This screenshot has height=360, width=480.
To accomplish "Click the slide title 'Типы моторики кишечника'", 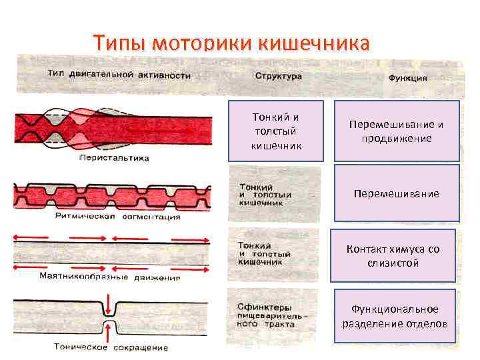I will pos(231,43).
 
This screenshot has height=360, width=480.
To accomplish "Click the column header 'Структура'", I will pos(278,76).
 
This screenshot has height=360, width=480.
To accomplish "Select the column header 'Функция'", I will pos(407,77).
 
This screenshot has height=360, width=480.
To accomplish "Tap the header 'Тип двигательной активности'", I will pos(119,75).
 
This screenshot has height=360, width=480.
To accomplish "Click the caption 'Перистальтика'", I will pos(114,158).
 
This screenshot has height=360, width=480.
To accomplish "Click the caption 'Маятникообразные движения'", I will pos(110,277).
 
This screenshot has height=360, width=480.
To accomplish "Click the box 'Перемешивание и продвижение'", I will pos(397,131).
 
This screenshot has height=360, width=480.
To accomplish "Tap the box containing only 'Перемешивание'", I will pos(397,193).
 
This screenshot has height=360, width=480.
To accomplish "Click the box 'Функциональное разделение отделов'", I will pos(395,317).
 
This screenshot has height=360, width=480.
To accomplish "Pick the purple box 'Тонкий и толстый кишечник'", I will pos(276,131).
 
